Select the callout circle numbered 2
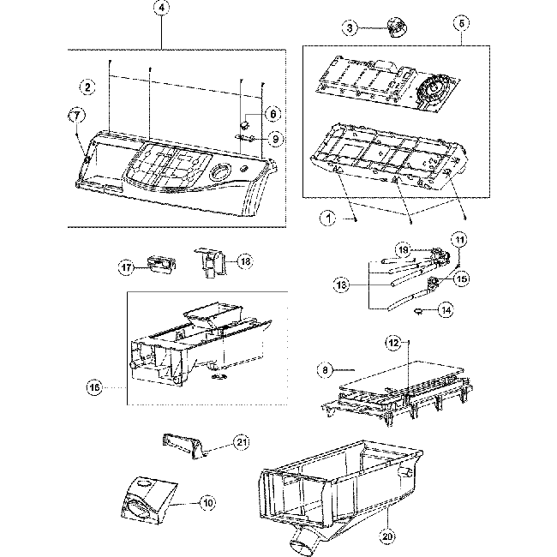pos(87,86)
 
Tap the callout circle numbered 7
pos(75,115)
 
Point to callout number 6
pos(273,113)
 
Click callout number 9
pos(273,139)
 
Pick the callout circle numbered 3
pos(350,27)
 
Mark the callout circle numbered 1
pos(327,219)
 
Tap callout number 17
pos(127,267)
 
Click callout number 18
pos(244,261)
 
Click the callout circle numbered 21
pos(242,442)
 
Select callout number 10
pos(207,502)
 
